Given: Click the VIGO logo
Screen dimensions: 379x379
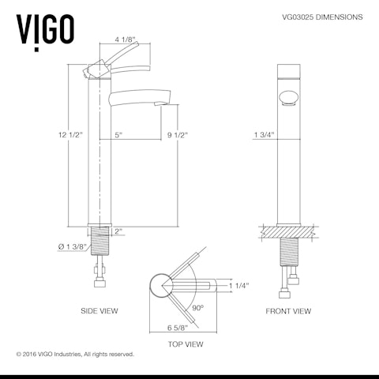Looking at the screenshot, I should pyautogui.click(x=46, y=28).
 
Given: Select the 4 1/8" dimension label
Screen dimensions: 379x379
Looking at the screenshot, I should pyautogui.click(x=126, y=39).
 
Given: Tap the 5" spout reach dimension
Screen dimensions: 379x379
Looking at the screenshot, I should pyautogui.click(x=118, y=135).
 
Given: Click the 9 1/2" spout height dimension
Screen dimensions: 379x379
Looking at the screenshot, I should pyautogui.click(x=176, y=135).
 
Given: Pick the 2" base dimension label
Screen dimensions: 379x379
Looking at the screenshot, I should pyautogui.click(x=118, y=231).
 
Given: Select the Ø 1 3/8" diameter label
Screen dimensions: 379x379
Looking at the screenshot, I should pyautogui.click(x=73, y=247).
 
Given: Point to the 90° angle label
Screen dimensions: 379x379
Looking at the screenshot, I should pyautogui.click(x=197, y=307).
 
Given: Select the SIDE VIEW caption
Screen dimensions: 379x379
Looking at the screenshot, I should pyautogui.click(x=99, y=311).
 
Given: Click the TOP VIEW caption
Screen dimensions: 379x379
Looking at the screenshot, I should pyautogui.click(x=186, y=344).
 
